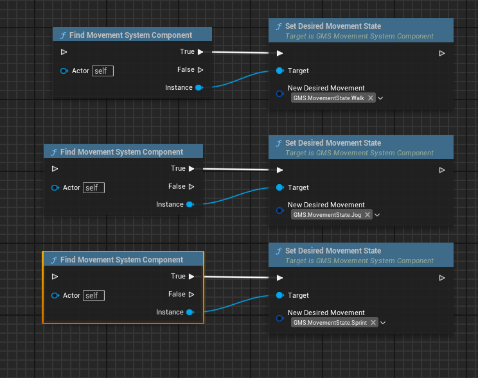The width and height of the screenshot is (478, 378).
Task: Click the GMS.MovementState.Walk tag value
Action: (329, 98)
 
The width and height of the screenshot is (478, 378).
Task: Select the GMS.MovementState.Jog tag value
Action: (327, 215)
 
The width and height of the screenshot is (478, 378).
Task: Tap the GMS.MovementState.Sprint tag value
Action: (330, 323)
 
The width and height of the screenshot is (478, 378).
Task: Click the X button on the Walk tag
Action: (371, 98)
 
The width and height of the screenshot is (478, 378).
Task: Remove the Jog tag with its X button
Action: (367, 215)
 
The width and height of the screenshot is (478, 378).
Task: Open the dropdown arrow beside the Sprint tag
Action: (383, 323)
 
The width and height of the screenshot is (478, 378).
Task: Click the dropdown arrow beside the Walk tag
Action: (380, 98)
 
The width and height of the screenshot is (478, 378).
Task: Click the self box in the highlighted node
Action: (94, 295)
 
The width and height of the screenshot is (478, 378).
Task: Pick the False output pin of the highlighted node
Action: (191, 294)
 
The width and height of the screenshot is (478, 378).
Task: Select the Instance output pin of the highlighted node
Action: (190, 312)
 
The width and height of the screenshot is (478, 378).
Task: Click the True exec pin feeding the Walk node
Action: (200, 52)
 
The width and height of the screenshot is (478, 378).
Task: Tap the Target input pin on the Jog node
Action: (280, 187)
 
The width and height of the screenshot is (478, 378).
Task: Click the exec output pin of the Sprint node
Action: (442, 278)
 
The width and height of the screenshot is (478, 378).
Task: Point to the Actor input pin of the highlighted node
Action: (55, 295)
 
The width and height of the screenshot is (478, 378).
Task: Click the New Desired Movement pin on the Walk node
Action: (280, 94)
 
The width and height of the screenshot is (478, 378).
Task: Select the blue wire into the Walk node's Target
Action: (240, 78)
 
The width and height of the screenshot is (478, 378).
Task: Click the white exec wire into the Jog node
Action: (236, 169)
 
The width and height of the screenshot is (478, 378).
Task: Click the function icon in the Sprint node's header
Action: (279, 251)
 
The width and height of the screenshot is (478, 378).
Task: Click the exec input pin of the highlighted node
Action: (55, 277)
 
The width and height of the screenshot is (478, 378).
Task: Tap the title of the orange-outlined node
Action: (121, 260)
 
